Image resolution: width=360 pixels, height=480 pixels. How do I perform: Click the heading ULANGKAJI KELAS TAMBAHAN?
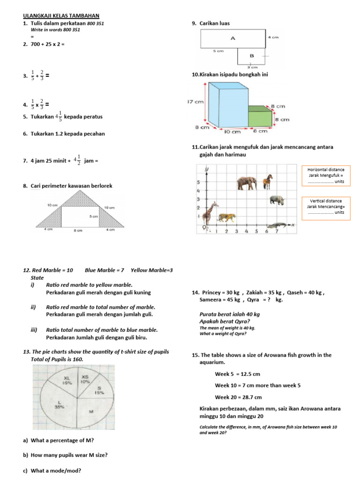click(61, 15)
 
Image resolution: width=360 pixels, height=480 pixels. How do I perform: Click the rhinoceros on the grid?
click(277, 200)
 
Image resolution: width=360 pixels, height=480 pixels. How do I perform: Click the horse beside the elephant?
click(268, 181)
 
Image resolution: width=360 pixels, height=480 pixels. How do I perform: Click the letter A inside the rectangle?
click(232, 38)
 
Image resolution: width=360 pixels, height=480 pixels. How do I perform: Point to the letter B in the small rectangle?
click(251, 56)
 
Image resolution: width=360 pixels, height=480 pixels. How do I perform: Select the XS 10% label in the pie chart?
click(85, 379)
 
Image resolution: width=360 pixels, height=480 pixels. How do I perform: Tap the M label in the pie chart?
click(92, 411)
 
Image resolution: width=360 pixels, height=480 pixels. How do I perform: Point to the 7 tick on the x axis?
click(277, 231)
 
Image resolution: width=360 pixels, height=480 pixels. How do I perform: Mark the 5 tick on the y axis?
click(199, 182)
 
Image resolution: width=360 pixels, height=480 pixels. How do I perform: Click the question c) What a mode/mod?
click(52, 471)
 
